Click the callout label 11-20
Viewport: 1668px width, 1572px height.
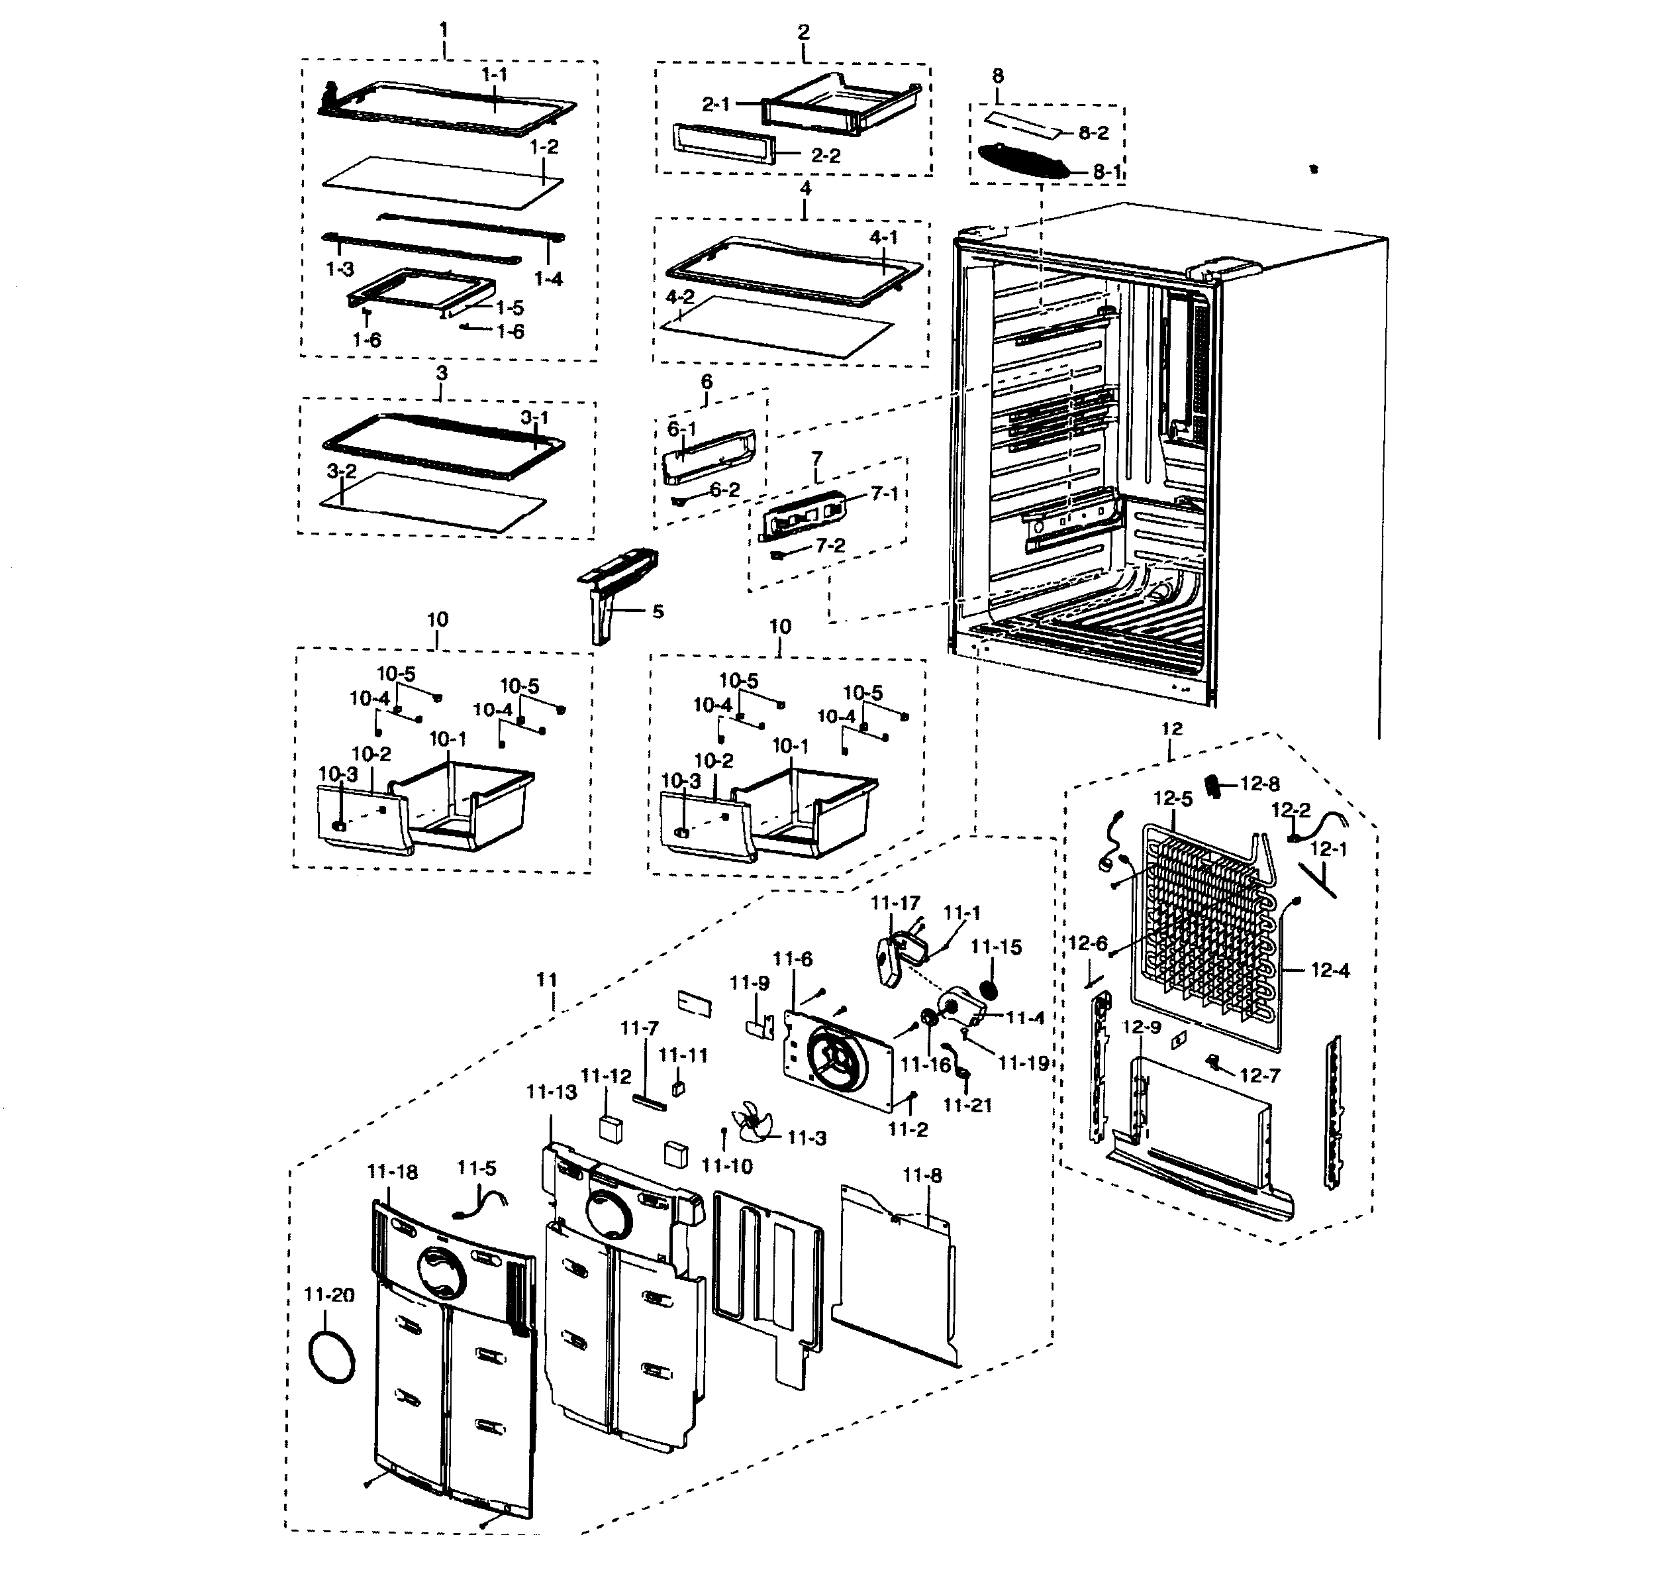[329, 1295]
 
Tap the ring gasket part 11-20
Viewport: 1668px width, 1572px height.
[332, 1357]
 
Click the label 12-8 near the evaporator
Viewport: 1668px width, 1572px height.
[1259, 784]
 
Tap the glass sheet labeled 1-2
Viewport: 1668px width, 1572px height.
[440, 182]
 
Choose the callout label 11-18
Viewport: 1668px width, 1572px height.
[392, 1172]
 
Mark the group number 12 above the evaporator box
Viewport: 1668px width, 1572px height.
[1171, 729]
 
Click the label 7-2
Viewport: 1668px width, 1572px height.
[830, 546]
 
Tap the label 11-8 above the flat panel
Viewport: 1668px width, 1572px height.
[922, 1176]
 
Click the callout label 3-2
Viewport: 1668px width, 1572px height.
[342, 471]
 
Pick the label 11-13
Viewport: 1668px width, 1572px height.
[551, 1092]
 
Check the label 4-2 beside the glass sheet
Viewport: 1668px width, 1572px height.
[679, 297]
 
